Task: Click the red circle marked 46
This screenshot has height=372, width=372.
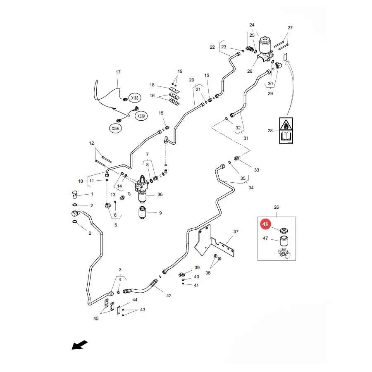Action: coord(265,224)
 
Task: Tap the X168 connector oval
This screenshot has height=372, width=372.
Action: coord(135,98)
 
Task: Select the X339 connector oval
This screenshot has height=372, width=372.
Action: coord(141,116)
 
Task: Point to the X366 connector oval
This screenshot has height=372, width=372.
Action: coord(116,129)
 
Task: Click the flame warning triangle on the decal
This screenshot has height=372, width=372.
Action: coord(286,124)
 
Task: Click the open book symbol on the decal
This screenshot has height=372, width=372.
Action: coord(286,137)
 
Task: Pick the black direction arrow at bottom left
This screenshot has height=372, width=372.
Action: coord(80,345)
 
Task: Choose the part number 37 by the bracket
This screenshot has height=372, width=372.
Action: coord(236,231)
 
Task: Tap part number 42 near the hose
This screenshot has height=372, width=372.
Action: coord(169,296)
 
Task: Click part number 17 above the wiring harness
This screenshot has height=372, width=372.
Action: coord(118,72)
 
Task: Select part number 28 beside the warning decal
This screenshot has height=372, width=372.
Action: coord(270,131)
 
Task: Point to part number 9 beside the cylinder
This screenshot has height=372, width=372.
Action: coord(160,213)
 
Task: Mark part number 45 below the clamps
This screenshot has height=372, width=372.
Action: coord(96,318)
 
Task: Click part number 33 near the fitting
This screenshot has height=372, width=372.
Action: coord(257,170)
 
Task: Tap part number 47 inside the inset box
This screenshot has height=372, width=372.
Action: coord(265,238)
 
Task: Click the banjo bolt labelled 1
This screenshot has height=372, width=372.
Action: coord(75,194)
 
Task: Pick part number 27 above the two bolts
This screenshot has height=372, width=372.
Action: coord(290,28)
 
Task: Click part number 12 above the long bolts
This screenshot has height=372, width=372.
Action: coord(92,143)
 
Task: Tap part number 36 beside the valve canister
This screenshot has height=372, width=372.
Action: coord(160,194)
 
